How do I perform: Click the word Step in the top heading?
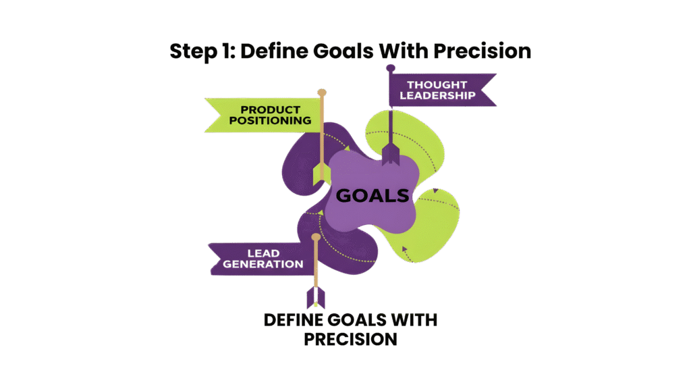[x=190, y=52]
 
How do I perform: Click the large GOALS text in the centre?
[x=372, y=196]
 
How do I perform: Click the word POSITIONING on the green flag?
[x=269, y=121]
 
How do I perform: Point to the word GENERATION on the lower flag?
[x=265, y=264]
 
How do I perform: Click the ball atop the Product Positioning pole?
[x=322, y=92]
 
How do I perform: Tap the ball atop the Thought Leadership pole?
[x=390, y=68]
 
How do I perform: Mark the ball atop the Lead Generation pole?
[x=315, y=237]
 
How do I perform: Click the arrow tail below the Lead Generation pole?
[x=315, y=296]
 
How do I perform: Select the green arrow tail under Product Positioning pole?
[x=321, y=173]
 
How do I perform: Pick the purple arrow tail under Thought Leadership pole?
[x=391, y=155]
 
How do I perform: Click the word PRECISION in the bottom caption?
[x=350, y=338]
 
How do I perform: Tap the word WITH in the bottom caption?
[x=413, y=319]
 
